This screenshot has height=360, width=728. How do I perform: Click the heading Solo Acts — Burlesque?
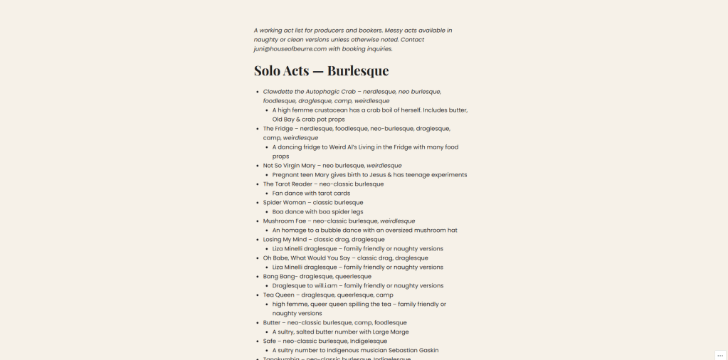321,71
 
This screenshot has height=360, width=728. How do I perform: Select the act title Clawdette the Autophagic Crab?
309,92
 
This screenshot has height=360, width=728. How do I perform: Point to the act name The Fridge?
278,129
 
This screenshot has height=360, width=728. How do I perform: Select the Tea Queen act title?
279,295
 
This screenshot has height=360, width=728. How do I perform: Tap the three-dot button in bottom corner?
719,355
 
